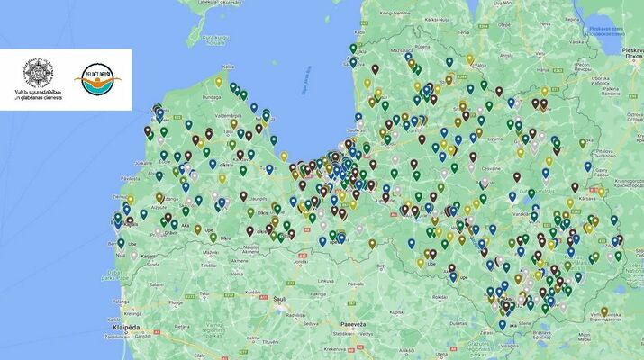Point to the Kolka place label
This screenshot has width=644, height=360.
(x=228, y=65)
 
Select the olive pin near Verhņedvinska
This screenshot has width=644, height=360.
(x=603, y=311)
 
